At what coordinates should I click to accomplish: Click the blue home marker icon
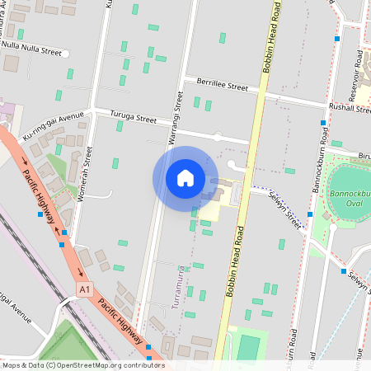coord(185,178)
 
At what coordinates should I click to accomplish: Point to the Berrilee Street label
coord(222,84)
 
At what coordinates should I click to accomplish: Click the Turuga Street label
coord(134,119)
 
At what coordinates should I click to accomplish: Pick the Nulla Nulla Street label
coord(32,51)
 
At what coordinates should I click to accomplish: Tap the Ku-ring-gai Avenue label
coord(54,128)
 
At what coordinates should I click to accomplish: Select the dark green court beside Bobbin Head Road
coord(248,349)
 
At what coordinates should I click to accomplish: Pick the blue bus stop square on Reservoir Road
coord(336,38)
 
